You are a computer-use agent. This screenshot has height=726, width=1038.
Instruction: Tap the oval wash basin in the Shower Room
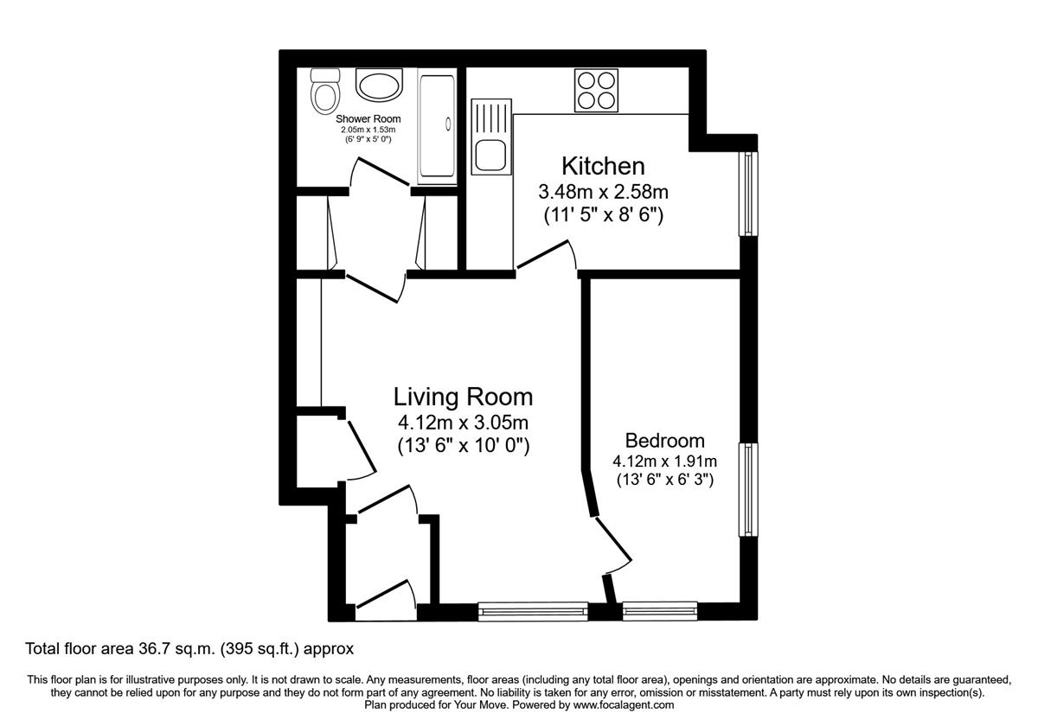pyautogui.click(x=378, y=87)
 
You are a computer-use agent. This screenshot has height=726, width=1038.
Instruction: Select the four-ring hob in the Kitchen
pyautogui.click(x=597, y=90)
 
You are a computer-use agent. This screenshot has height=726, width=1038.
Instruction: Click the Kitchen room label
pyautogui.click(x=603, y=165)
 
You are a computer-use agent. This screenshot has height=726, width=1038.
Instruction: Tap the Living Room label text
pyautogui.click(x=463, y=397)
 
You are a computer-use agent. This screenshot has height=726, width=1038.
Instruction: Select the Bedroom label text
pyautogui.click(x=664, y=441)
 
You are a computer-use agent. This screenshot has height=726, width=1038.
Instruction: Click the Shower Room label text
pyautogui.click(x=368, y=118)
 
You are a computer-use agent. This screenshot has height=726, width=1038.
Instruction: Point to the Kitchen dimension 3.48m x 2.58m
pyautogui.click(x=603, y=192)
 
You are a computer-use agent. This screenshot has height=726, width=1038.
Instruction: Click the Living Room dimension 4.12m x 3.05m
pyautogui.click(x=463, y=423)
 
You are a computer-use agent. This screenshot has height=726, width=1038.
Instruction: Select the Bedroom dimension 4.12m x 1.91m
pyautogui.click(x=664, y=462)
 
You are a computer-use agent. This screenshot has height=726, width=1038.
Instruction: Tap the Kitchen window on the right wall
pyautogui.click(x=747, y=194)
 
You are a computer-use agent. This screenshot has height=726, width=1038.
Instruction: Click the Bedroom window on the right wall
pyautogui.click(x=747, y=489)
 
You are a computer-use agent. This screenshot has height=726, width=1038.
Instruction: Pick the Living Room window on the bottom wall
pyautogui.click(x=533, y=612)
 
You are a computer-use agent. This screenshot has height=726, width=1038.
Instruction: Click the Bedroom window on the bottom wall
pyautogui.click(x=660, y=612)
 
